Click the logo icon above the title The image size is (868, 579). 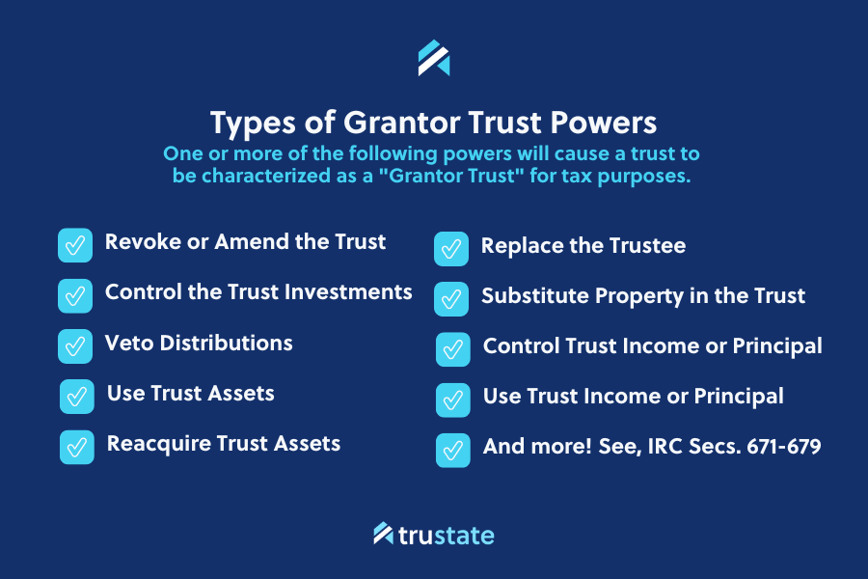434,58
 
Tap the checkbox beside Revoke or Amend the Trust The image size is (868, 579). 75,245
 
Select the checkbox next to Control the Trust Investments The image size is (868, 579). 75,295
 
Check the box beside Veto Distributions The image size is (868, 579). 75,345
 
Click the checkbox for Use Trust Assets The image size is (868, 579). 77,396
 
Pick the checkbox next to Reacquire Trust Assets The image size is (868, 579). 77,447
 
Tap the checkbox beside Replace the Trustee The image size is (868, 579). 451,248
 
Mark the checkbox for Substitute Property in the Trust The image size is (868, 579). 451,298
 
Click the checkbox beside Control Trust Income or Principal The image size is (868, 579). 453,348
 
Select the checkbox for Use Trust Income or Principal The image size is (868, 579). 453,400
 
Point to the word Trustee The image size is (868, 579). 645,245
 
